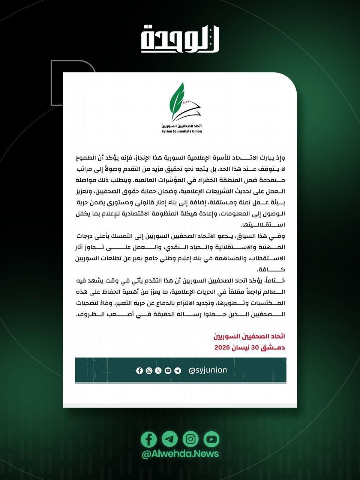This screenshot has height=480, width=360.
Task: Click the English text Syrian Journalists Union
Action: tap(181, 131)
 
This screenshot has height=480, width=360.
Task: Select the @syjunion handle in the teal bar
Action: tap(208, 370)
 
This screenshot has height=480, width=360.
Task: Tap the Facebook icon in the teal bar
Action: tap(139, 370)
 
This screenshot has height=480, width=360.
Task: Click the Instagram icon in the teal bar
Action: tap(149, 370)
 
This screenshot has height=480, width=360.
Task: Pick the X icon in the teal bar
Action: tap(158, 370)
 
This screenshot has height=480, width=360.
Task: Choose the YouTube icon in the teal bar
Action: tap(168, 370)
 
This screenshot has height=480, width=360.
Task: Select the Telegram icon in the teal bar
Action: tap(177, 370)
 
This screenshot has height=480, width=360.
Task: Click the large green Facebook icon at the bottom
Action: tap(149, 439)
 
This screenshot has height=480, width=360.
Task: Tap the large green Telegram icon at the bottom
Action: tap(169, 439)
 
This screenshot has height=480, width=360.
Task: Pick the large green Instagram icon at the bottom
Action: tap(190, 439)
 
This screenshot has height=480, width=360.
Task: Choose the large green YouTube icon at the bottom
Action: tap(211, 439)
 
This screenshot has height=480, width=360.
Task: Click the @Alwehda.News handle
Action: tap(180, 454)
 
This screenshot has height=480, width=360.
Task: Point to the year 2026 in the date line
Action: tap(222, 348)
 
